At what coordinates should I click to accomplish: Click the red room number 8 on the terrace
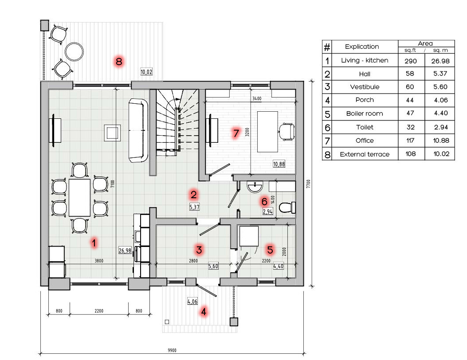click(119, 62)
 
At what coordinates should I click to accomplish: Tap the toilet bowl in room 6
click(287, 207)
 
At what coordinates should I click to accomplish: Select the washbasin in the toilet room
click(255, 187)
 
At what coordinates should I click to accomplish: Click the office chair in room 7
click(287, 132)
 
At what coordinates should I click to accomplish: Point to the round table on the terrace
click(74, 51)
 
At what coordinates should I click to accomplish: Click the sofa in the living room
click(138, 130)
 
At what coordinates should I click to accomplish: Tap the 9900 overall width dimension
click(172, 350)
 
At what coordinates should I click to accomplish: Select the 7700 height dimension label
click(309, 184)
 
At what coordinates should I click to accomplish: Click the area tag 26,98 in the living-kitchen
click(125, 250)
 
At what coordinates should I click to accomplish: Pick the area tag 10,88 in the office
click(279, 164)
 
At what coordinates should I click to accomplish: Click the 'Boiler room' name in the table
click(365, 113)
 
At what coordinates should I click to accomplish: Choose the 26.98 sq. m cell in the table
click(440, 61)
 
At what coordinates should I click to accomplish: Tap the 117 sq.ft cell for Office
click(410, 141)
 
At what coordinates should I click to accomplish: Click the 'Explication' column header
click(362, 47)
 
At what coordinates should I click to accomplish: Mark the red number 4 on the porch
click(204, 312)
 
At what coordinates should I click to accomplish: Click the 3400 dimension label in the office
click(257, 98)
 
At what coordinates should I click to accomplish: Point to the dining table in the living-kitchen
click(79, 197)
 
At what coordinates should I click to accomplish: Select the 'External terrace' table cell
click(365, 154)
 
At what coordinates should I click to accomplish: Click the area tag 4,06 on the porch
click(192, 301)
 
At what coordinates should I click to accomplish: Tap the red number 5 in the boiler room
click(270, 250)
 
